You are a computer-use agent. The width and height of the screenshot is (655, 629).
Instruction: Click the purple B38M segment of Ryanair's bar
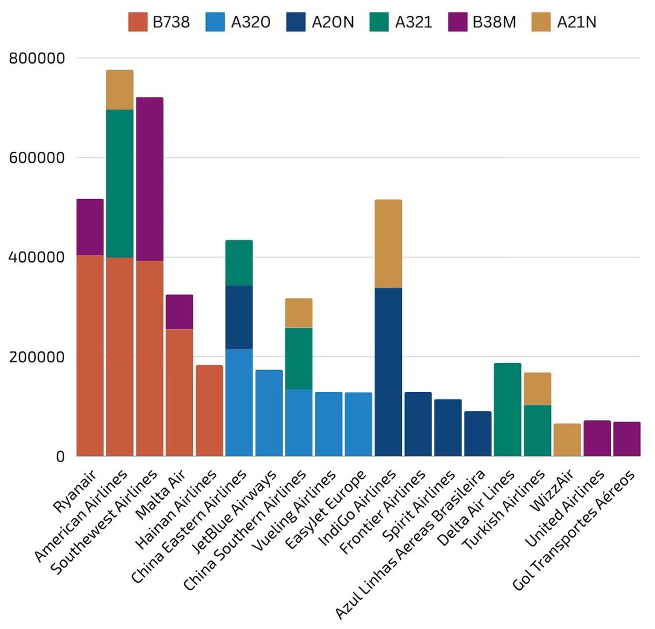[x=90, y=227]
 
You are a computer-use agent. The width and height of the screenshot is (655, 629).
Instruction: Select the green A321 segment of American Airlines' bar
[x=120, y=183]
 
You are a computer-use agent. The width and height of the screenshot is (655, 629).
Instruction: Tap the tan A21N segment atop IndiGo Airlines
[x=388, y=243]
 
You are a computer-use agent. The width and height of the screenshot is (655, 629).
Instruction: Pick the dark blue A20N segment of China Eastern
[x=239, y=317]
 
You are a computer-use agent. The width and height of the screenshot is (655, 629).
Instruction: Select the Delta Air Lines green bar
[x=507, y=409]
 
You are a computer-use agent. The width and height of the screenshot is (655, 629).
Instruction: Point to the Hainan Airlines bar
[x=209, y=410]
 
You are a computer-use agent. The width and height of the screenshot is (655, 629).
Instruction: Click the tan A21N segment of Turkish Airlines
[x=537, y=388]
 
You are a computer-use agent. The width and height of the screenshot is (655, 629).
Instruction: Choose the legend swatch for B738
[x=138, y=22]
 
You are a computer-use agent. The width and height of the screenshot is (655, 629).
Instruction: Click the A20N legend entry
[x=333, y=22]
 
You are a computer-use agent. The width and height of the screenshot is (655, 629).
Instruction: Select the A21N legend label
[x=576, y=22]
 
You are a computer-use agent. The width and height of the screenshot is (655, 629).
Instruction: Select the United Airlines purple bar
[x=597, y=438]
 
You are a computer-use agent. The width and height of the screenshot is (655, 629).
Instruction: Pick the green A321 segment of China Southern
[x=298, y=358]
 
